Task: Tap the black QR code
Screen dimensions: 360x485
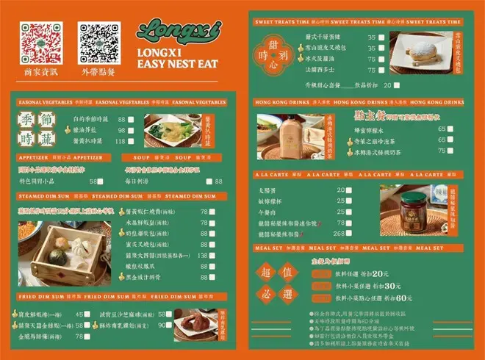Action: click(x=98, y=41)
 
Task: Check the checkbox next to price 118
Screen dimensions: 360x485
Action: click(x=131, y=141)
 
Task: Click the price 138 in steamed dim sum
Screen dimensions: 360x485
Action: click(x=204, y=255)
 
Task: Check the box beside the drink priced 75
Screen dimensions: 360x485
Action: click(x=476, y=151)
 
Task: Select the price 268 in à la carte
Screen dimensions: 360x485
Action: click(x=339, y=233)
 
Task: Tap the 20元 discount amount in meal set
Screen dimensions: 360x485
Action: click(x=381, y=273)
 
